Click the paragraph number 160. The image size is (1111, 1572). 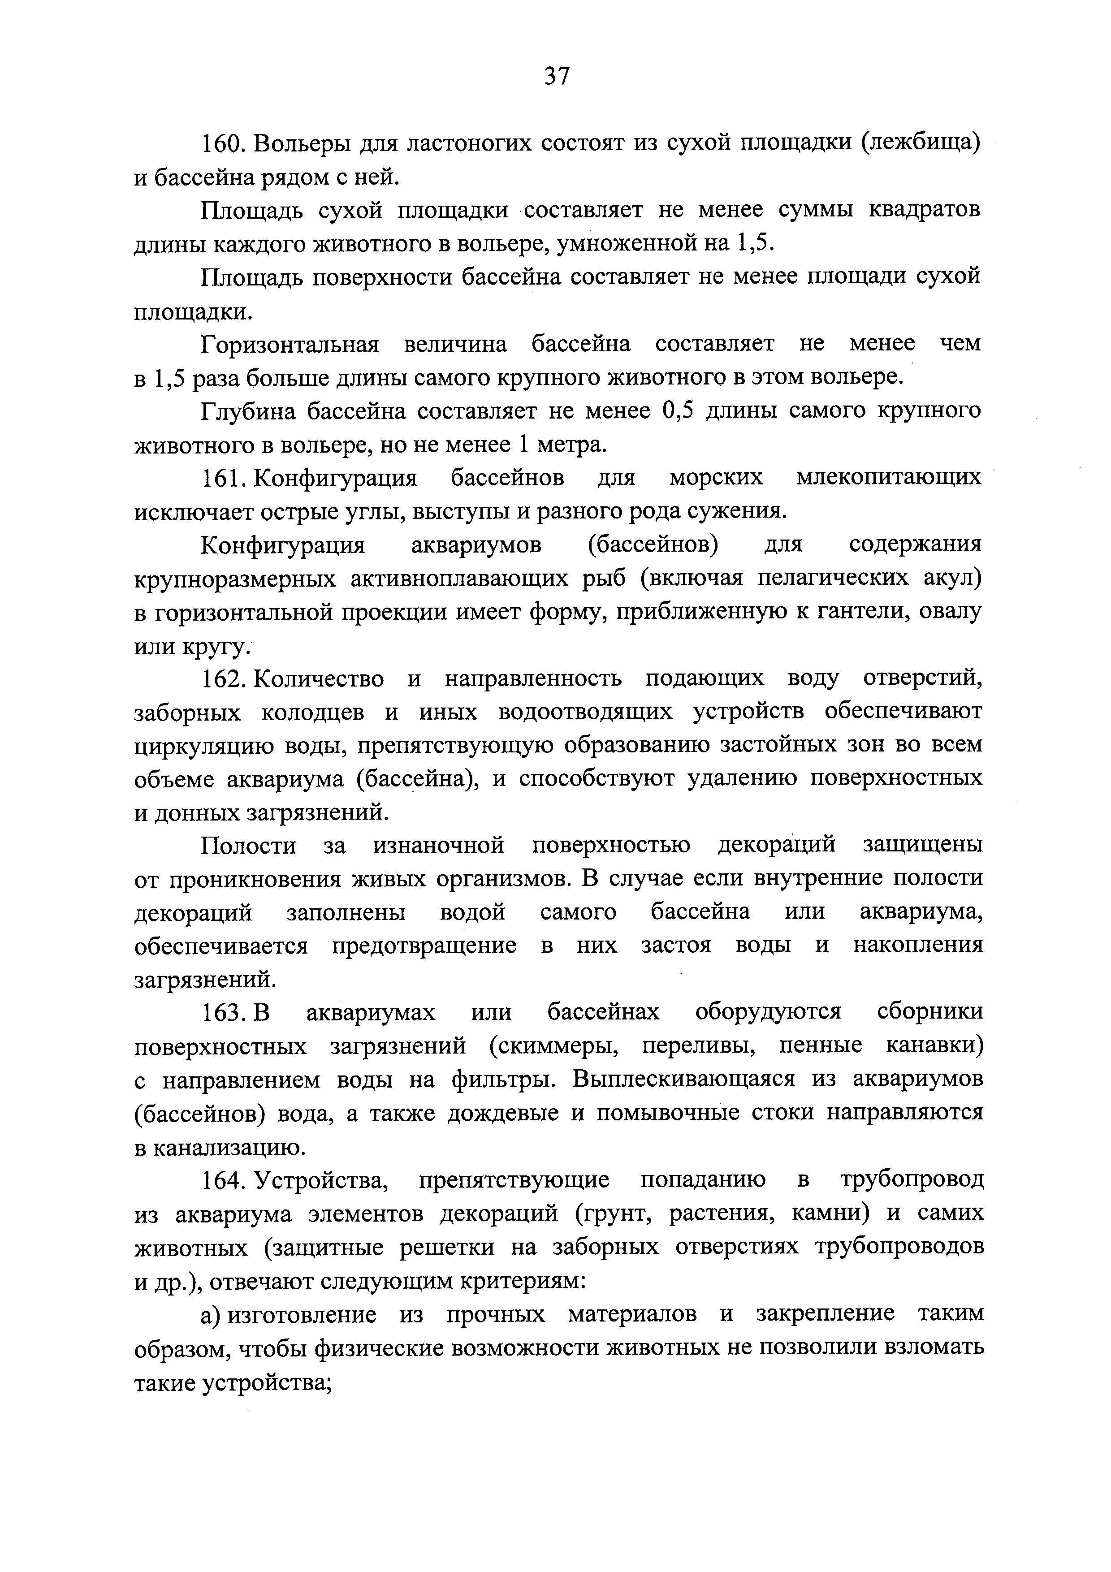[222, 144]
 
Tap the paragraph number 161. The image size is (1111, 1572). [222, 478]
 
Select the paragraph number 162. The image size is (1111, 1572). [222, 678]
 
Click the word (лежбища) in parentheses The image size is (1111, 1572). [920, 144]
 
